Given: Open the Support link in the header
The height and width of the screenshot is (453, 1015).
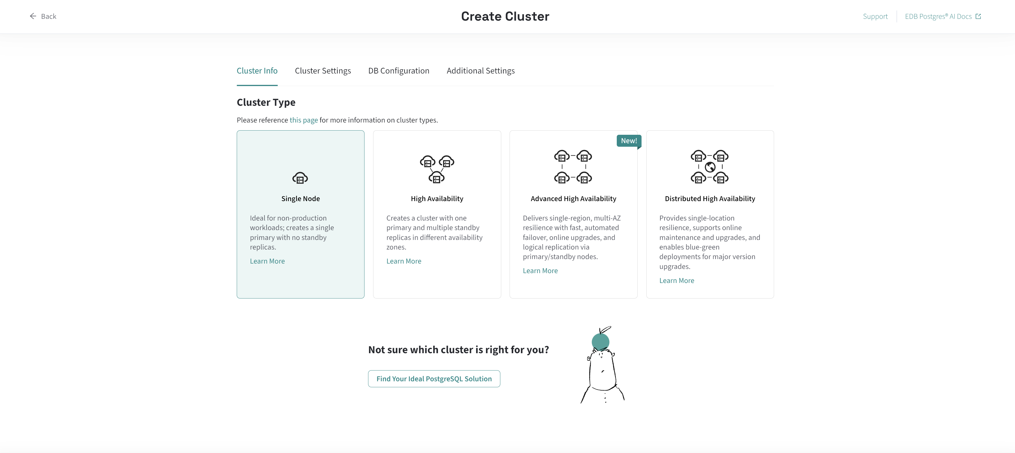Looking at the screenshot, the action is pyautogui.click(x=875, y=16).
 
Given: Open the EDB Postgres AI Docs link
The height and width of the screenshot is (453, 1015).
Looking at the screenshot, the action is pyautogui.click(x=942, y=16).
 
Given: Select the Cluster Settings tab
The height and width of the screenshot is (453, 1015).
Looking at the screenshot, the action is pyautogui.click(x=323, y=71).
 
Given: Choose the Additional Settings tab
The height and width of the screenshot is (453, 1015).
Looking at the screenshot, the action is pyautogui.click(x=481, y=71).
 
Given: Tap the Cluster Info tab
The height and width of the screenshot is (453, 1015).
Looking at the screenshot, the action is pyautogui.click(x=257, y=71).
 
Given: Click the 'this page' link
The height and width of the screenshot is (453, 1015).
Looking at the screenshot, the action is pyautogui.click(x=304, y=120).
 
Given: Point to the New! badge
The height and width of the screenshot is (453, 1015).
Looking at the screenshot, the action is pyautogui.click(x=629, y=141).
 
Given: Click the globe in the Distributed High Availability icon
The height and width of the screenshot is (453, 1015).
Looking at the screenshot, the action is pyautogui.click(x=710, y=167).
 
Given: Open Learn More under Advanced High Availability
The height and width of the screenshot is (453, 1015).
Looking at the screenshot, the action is pyautogui.click(x=540, y=270).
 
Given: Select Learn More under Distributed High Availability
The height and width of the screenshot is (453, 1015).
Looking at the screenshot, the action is pyautogui.click(x=676, y=280).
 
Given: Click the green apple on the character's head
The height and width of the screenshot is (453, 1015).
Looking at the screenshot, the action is pyautogui.click(x=600, y=342).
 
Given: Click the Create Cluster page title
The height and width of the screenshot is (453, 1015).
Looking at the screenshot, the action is pyautogui.click(x=505, y=16).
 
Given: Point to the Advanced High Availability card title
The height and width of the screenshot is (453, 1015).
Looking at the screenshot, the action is pyautogui.click(x=573, y=199).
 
